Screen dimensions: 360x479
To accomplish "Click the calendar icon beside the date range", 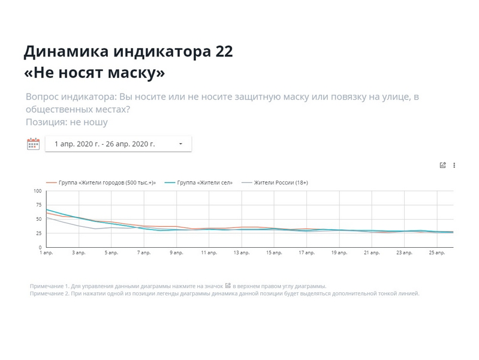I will pos(33,143).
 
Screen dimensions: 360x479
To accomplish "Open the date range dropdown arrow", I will pos(180,144).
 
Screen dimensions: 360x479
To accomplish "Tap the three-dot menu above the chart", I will pos(454,166).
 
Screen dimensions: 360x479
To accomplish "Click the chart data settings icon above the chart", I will pos(443,166).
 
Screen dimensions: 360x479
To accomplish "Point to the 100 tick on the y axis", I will pos(37,191).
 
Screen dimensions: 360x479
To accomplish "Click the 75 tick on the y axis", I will pos(38,205).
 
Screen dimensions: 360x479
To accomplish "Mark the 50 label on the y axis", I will pos(38,219).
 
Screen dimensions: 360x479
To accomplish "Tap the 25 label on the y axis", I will pos(38,233).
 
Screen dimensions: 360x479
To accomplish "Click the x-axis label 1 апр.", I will pos(46,253).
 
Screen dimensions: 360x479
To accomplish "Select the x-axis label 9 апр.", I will pos(176,253).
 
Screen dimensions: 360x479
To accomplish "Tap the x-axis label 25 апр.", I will pos(436,253).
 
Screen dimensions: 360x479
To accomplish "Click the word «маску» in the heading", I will pos(135,73).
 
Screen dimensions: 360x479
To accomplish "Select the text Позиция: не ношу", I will pos(67,122).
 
